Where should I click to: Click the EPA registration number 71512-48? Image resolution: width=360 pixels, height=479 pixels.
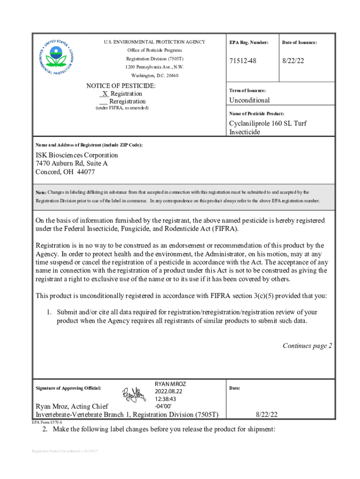coord(243,61)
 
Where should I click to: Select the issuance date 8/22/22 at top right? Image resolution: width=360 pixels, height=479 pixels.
coord(294,61)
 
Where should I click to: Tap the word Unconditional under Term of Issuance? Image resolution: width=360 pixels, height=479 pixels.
coord(249,100)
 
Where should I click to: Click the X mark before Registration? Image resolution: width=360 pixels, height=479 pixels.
coord(105,94)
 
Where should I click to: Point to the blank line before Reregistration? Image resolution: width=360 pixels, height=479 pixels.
coord(104,102)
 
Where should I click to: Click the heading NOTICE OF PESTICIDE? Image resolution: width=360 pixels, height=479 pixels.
coord(121,86)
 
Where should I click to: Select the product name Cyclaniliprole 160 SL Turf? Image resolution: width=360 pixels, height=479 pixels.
coord(267,123)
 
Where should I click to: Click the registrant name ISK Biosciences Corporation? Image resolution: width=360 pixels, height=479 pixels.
coord(77,155)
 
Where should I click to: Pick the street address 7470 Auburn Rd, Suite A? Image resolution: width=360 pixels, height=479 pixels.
coord(72,163)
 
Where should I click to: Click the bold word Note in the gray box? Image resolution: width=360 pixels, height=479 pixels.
coord(41,192)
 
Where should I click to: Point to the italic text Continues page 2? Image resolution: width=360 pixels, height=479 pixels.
coord(307,346)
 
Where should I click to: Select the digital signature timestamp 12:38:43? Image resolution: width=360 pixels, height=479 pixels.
coord(165,399)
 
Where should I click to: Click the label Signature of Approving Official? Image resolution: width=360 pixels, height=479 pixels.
coord(68,388)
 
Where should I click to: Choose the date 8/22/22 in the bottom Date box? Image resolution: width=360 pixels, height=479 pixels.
coord(266,414)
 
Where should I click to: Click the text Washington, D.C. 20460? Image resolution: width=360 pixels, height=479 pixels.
coord(154,75)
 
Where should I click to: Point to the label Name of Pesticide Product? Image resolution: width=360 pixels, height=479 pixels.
coord(256,114)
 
